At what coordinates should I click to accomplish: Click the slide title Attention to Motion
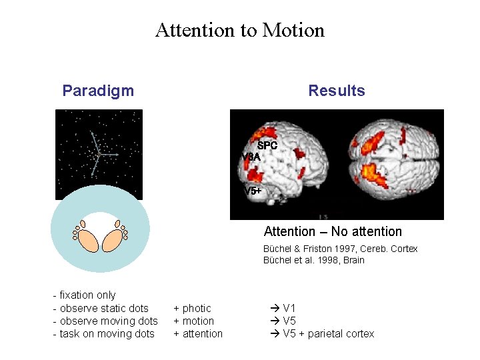coord(240,30)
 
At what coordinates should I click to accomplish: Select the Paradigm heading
coord(98,91)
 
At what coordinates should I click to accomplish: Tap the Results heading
coord(336,91)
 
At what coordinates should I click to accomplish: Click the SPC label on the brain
coord(267,145)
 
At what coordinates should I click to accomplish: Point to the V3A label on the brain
coord(251,157)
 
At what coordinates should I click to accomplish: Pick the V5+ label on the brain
coord(253,191)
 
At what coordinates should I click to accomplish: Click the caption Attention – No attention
coord(333,231)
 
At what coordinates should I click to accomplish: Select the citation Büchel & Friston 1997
coord(341,249)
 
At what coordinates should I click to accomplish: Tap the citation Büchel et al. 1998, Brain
coord(314,260)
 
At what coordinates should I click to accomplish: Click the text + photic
coord(192,308)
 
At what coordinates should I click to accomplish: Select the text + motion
coord(193,321)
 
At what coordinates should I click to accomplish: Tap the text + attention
coord(198,333)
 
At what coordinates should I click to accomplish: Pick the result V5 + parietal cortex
coord(322,333)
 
